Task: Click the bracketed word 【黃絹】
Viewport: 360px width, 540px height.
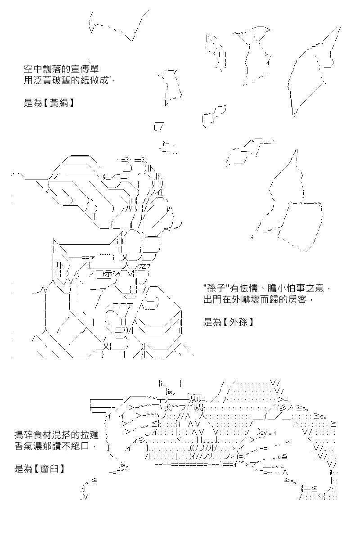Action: point(58,103)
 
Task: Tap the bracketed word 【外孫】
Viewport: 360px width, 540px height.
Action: point(238,322)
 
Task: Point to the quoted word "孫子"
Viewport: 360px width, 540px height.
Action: point(217,288)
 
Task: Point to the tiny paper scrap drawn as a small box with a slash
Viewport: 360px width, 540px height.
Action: point(159,126)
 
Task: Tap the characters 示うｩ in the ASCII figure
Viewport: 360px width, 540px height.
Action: point(113,274)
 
